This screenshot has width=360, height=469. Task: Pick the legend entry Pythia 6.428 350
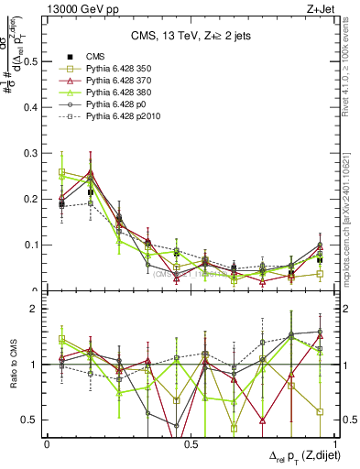[120, 70]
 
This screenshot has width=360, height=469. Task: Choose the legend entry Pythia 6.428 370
[120, 82]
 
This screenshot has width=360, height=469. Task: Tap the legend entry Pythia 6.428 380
[120, 93]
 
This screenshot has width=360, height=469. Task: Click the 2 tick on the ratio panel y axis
[37, 309]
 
